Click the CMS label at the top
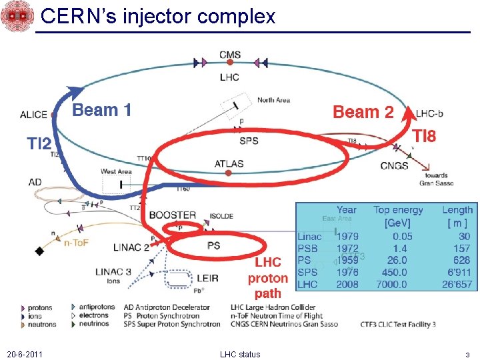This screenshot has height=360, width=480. pos(230,55)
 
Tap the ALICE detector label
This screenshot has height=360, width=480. pos(33,115)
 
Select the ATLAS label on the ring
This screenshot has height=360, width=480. pos(229,163)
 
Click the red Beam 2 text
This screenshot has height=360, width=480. pos(363,112)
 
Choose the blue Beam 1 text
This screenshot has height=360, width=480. pos(101,110)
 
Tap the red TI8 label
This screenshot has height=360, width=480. pos(424,136)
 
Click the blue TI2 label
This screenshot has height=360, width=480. pos(39,143)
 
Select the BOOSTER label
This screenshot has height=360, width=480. pos(173,215)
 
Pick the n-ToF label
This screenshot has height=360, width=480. pos(76,243)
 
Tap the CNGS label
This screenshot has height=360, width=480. pos(394,165)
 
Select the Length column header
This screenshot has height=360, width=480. pos(457,210)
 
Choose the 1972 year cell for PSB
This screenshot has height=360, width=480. pos(347,248)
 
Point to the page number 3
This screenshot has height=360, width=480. pos(467,354)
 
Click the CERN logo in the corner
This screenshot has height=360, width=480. pos(17,17)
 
